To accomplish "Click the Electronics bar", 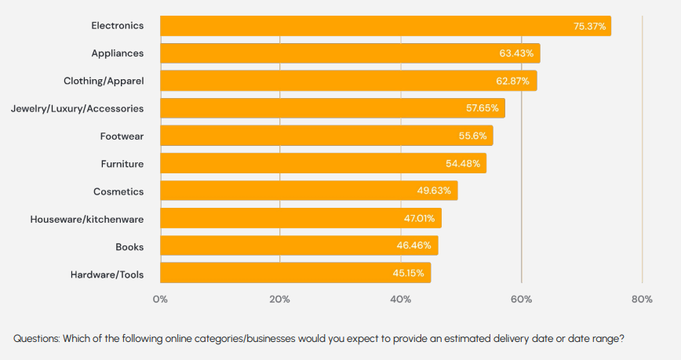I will pyautogui.click(x=384, y=26).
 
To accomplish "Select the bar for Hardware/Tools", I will pyautogui.click(x=295, y=273).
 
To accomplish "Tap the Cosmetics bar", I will pyautogui.click(x=308, y=191).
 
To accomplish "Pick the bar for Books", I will pyautogui.click(x=299, y=245).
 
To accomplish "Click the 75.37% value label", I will pyautogui.click(x=589, y=26).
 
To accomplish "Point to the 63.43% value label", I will pyautogui.click(x=516, y=53).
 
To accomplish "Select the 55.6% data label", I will pyautogui.click(x=472, y=136).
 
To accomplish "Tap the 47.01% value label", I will pyautogui.click(x=420, y=218).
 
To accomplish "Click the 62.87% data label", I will pyautogui.click(x=514, y=81).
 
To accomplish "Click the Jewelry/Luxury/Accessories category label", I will pyautogui.click(x=77, y=108).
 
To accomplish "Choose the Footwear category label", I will pyautogui.click(x=122, y=136).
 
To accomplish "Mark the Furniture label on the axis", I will pyautogui.click(x=122, y=163).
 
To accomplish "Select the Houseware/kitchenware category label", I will pyautogui.click(x=86, y=218).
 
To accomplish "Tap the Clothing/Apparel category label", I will pyautogui.click(x=104, y=81).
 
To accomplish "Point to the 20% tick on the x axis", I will pyautogui.click(x=280, y=299).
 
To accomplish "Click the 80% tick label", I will pyautogui.click(x=642, y=299).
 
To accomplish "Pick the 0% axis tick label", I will pyautogui.click(x=160, y=299).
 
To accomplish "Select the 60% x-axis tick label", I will pyautogui.click(x=521, y=299).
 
